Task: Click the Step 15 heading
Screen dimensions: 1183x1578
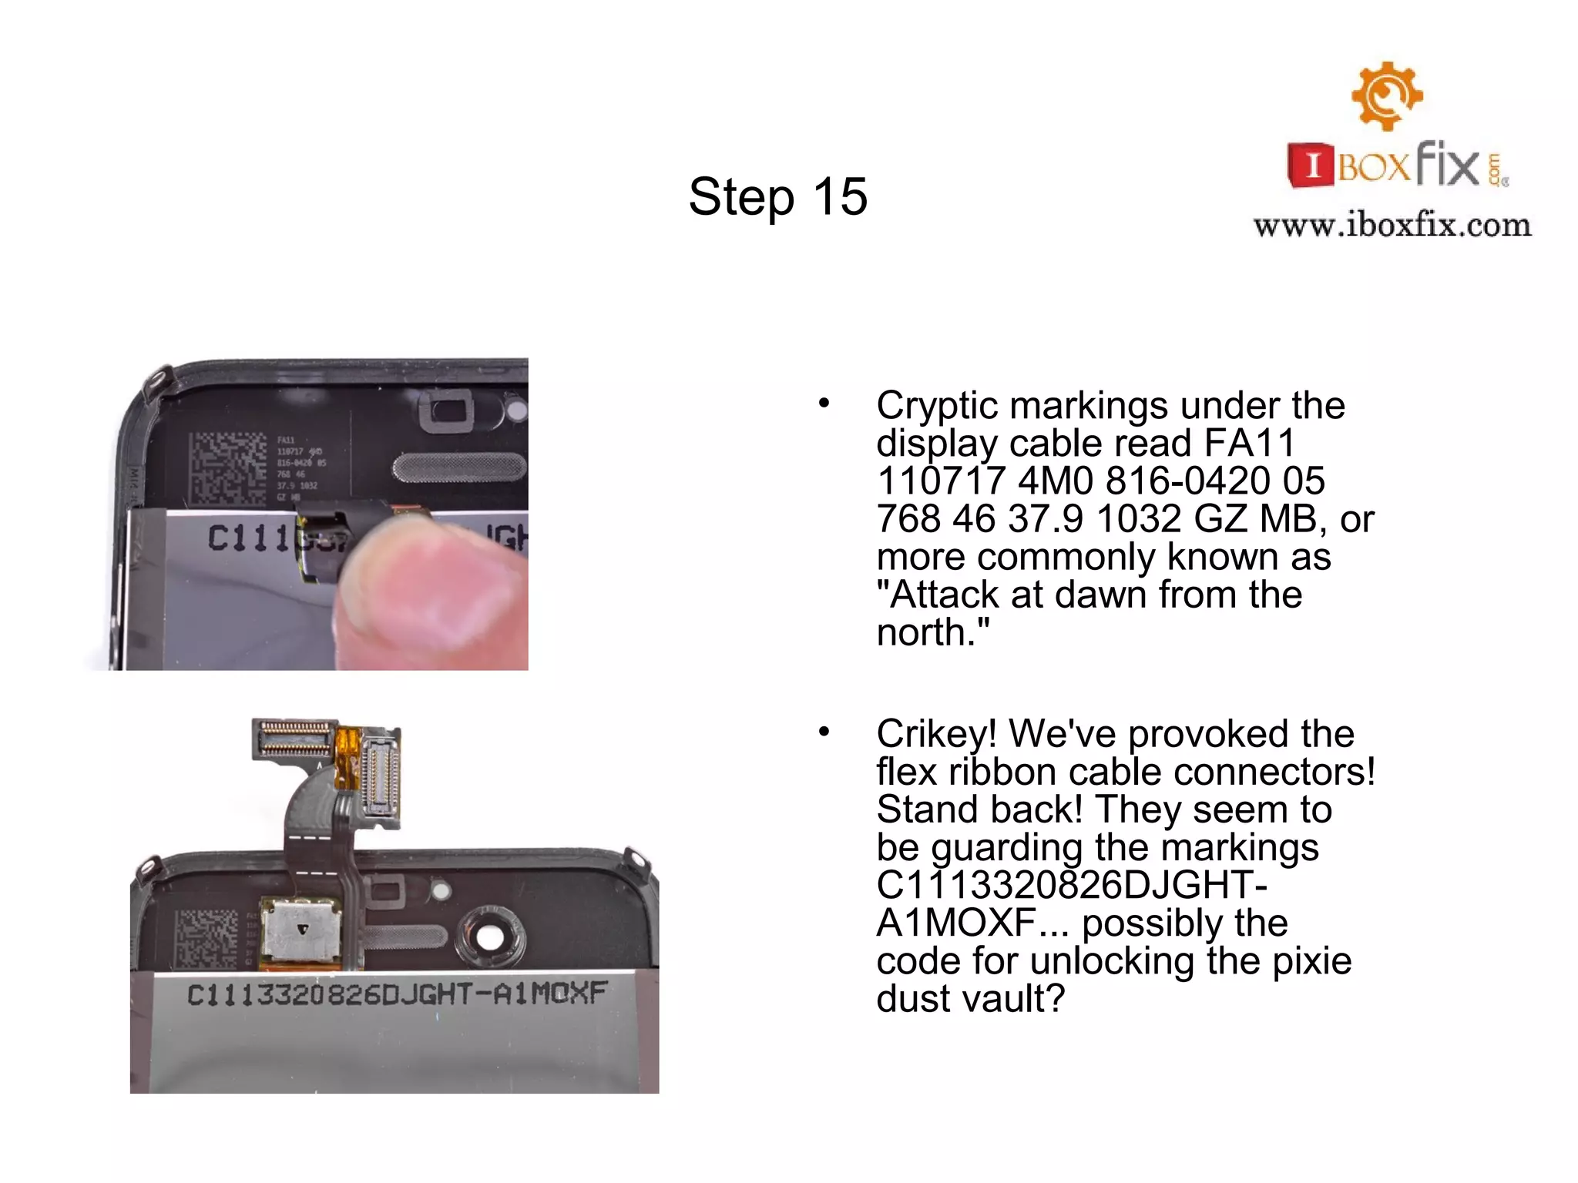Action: pos(777,196)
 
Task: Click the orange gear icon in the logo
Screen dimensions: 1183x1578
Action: pos(1387,96)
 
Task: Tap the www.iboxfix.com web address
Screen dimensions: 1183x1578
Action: pos(1392,226)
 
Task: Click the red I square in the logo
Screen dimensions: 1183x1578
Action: pos(1311,165)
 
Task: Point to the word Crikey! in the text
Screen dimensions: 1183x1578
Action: pos(935,734)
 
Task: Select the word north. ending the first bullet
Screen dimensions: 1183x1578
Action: pos(932,633)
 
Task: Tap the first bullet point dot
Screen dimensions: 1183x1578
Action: pos(824,403)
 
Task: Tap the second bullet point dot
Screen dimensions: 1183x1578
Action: pos(824,731)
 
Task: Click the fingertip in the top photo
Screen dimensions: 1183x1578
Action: pos(431,585)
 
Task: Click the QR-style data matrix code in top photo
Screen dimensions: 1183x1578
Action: pos(228,468)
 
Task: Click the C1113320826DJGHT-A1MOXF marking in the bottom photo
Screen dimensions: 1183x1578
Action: pos(397,994)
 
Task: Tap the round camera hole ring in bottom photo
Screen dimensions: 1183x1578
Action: pos(489,938)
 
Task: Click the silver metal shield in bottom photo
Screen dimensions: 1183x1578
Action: pos(301,930)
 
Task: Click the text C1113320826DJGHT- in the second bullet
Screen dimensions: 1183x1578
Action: pos(1071,886)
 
